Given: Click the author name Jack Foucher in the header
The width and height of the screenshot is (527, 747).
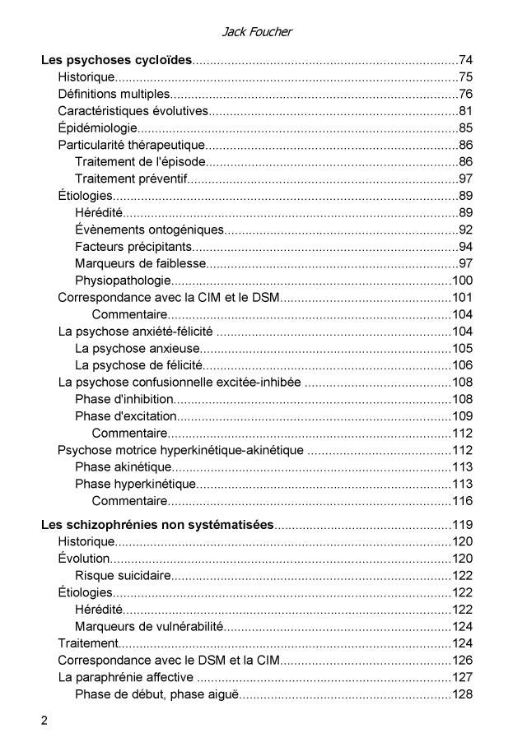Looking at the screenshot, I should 257,32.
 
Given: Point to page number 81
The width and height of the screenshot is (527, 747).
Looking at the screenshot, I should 465,111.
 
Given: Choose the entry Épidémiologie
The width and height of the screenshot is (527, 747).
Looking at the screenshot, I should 97,128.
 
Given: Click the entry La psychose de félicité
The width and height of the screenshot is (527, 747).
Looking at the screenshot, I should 138,365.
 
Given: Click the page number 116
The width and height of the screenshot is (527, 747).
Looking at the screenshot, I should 462,501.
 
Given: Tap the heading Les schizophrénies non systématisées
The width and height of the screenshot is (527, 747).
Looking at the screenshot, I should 156,525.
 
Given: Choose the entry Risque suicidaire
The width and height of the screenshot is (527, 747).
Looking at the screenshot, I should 123,575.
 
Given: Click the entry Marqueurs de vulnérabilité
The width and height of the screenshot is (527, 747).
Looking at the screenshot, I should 149,626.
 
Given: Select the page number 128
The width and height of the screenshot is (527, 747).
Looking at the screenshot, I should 462,694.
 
